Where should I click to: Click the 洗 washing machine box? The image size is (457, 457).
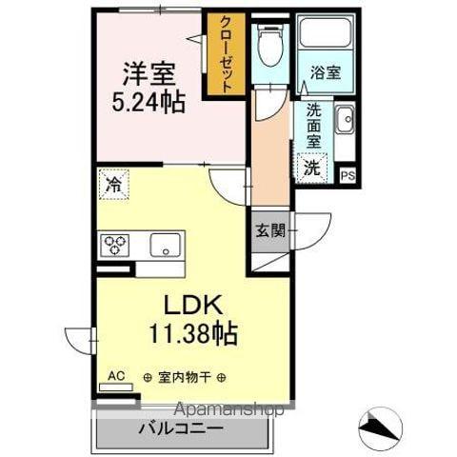coord(312,168)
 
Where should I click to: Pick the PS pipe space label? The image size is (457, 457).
coord(347,175)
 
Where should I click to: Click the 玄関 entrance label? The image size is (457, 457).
coord(268,228)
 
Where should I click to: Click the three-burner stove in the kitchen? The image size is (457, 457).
coord(116,245)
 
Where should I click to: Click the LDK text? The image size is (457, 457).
coord(195,306)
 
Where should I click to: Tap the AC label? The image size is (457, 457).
coord(116,375)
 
